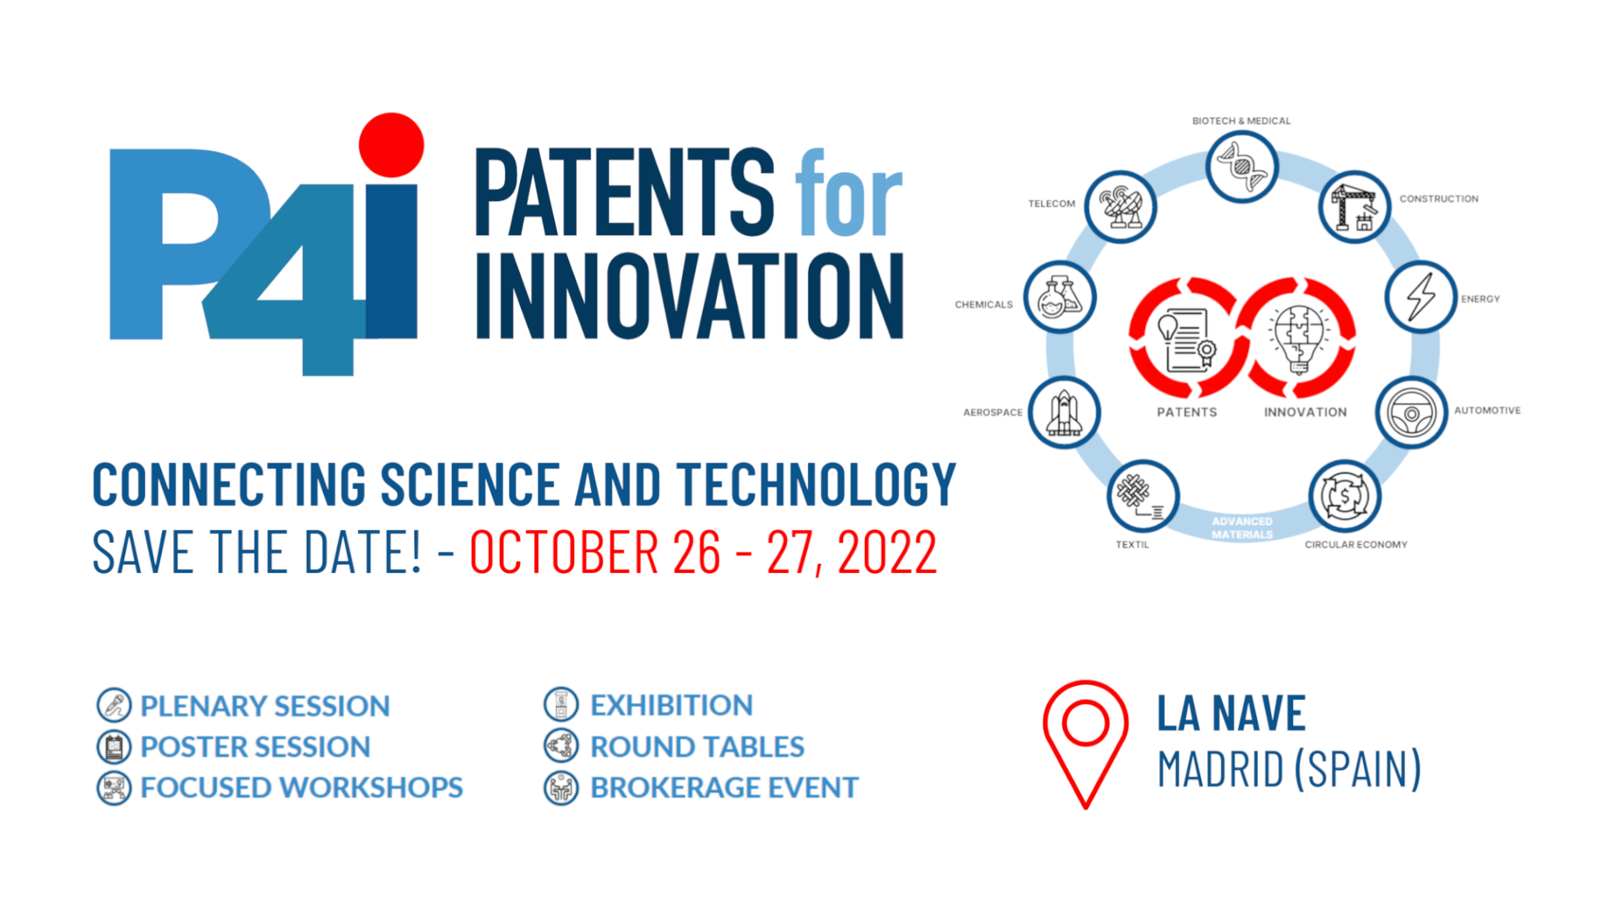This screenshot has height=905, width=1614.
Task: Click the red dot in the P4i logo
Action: coord(391,145)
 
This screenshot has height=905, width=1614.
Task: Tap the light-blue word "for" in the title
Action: coord(849,192)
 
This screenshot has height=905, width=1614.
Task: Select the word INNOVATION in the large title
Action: coord(690,296)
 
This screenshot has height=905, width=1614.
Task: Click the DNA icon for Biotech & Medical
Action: coord(1241,166)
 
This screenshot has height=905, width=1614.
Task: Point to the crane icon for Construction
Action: coord(1354,207)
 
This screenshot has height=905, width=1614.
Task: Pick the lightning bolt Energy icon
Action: coord(1420,296)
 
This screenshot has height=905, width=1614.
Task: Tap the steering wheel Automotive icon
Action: coord(1411,413)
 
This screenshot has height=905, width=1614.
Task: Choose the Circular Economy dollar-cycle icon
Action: coord(1345,496)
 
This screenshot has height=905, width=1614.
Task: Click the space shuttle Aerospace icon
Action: coord(1064,413)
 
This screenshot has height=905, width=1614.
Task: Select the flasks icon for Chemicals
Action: coord(1060,297)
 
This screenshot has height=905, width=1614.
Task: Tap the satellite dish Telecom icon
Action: coord(1120,207)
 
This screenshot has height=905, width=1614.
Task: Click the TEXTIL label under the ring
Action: coord(1132,545)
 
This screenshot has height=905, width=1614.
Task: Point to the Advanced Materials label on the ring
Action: coord(1242,528)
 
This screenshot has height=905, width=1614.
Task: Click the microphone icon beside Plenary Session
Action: coord(114,705)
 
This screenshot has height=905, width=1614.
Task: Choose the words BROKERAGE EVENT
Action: coord(724,788)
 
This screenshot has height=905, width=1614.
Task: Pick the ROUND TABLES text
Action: coord(697,747)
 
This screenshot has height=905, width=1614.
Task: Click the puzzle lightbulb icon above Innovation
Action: coord(1299,338)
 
